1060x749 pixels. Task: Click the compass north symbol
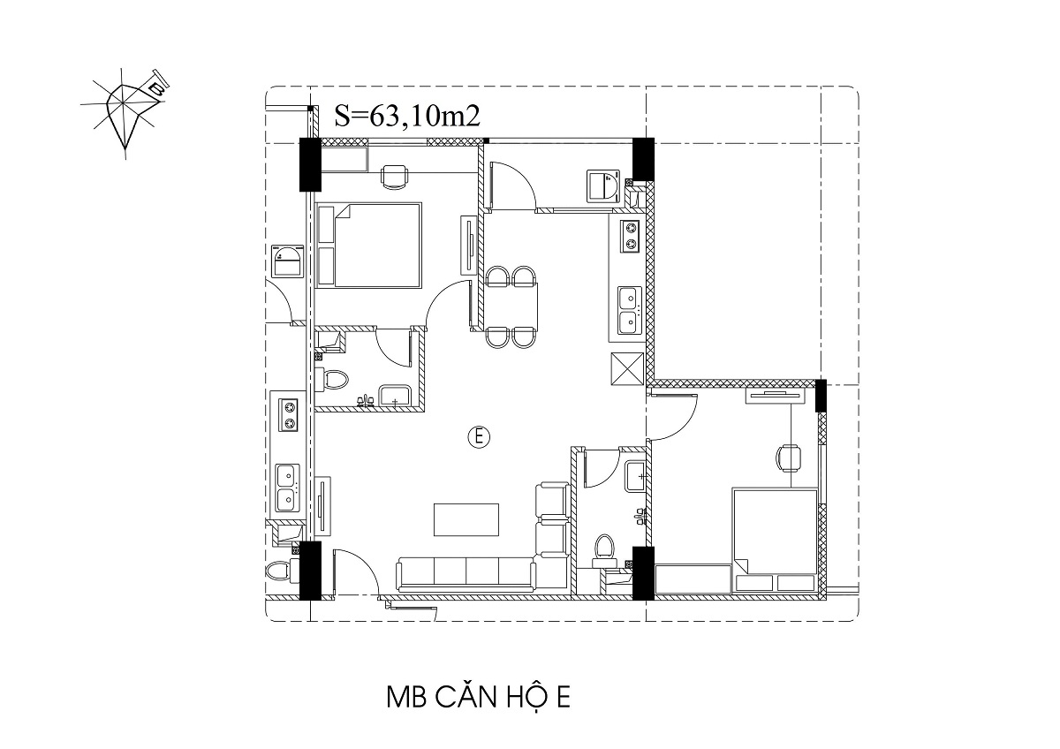point(124,111)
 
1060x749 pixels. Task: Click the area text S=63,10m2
point(407,116)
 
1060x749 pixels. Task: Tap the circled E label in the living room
point(479,436)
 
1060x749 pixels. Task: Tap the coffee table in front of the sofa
point(466,519)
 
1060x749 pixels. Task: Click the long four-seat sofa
point(466,574)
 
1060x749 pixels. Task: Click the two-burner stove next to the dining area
point(631,237)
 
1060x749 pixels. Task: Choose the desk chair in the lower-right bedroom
point(788,458)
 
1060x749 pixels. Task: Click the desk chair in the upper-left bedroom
point(394,178)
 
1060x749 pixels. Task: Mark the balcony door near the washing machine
point(512,185)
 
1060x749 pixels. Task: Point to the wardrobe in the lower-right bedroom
point(693,579)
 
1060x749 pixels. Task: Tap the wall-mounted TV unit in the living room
point(323,505)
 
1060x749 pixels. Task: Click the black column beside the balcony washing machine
point(644,159)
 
